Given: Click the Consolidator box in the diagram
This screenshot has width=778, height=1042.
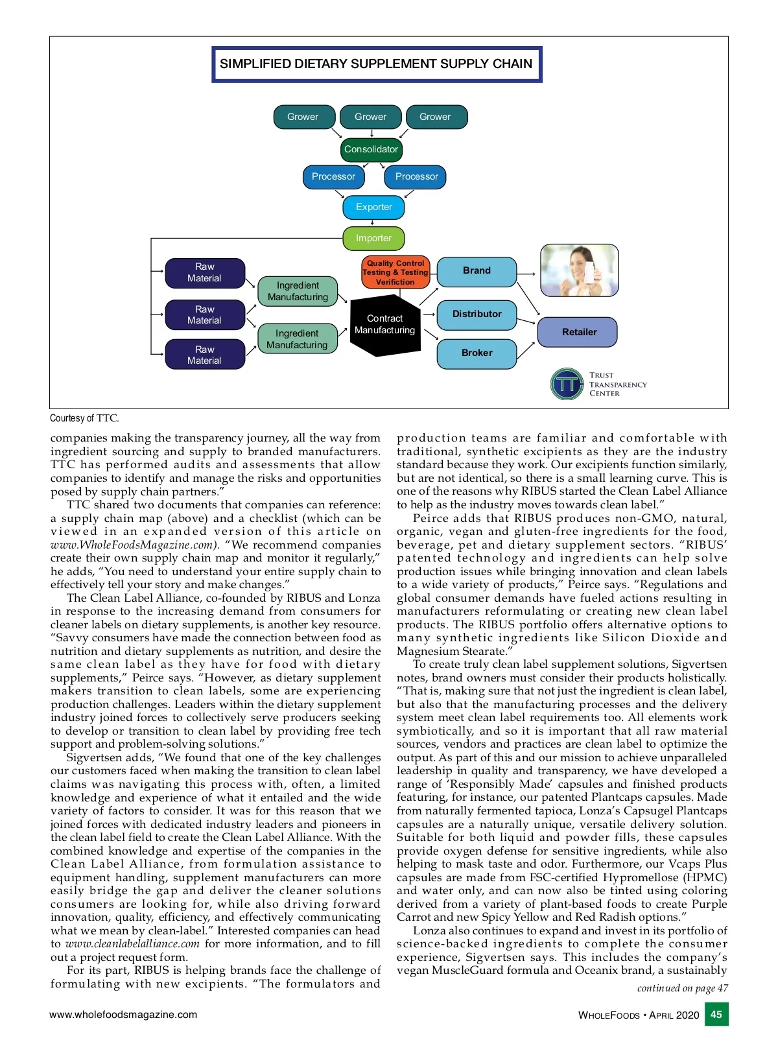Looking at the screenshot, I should [x=371, y=149].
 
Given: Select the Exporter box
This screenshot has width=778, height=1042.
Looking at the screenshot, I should [x=373, y=207].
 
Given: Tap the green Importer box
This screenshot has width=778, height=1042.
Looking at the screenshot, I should [x=373, y=238].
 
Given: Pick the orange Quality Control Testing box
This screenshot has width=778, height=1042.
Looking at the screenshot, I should [x=395, y=272].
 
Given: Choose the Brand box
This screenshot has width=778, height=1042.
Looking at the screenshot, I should [x=477, y=271].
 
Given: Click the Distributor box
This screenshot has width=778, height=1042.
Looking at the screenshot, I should [x=477, y=314].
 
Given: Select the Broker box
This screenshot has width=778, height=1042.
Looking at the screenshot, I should [x=477, y=353].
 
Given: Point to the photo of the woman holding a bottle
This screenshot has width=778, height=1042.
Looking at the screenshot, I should [x=580, y=270].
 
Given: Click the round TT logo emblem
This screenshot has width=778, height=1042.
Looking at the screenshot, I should [x=567, y=385].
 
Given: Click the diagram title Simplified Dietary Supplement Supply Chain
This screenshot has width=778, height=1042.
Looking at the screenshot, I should [x=376, y=64].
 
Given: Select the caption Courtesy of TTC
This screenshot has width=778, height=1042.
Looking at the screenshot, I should [x=85, y=418].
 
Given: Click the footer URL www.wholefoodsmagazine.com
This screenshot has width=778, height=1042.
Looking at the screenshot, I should [x=123, y=1015].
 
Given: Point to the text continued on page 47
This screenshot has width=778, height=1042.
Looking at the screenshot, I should [x=682, y=988].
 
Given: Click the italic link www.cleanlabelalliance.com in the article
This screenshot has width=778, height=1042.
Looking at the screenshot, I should [x=132, y=944].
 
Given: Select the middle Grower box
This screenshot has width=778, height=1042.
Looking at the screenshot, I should [x=370, y=117].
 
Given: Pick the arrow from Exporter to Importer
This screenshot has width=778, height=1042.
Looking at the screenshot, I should [x=372, y=222].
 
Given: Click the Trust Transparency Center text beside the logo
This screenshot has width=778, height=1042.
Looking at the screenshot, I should [x=617, y=385].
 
